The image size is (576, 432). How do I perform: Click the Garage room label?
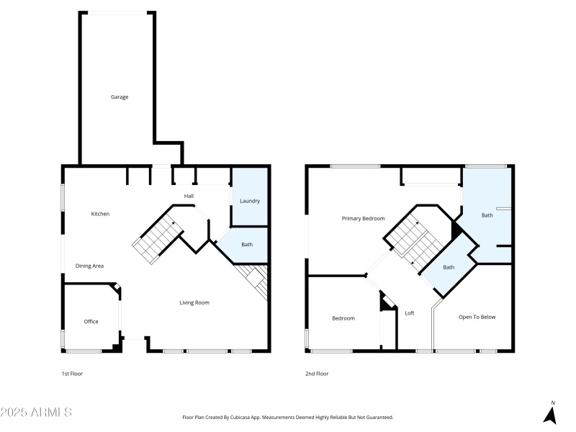point(120,96)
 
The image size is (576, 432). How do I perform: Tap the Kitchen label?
point(100,214)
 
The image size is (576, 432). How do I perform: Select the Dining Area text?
point(90,266)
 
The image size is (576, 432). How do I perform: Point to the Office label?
point(91,322)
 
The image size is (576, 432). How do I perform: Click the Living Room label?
point(194,302)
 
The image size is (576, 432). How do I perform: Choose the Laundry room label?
point(250,201)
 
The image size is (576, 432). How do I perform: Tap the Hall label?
point(189,196)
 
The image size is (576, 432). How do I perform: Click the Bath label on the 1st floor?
point(247,245)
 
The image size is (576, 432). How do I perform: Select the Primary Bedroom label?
point(363,219)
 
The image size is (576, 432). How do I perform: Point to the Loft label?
point(410,313)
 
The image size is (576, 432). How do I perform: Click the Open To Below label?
point(477,317)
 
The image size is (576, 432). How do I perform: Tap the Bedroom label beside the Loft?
point(343,318)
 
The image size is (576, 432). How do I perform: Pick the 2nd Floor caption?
point(318,374)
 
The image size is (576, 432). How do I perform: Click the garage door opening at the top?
point(117,12)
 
